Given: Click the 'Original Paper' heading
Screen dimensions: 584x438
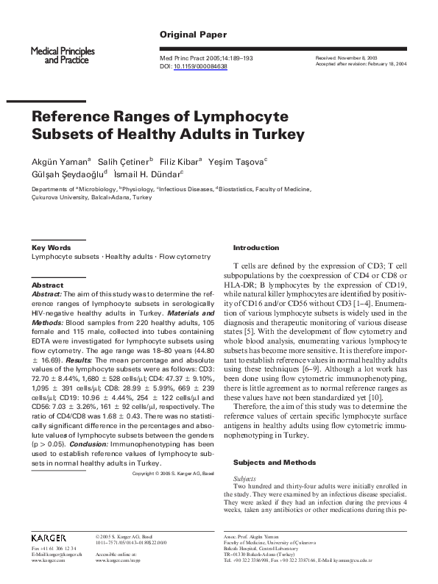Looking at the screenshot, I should (x=193, y=35).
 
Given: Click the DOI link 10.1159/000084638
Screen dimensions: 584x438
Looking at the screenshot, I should (x=200, y=66).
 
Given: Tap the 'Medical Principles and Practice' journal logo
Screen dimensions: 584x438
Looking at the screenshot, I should (x=60, y=54).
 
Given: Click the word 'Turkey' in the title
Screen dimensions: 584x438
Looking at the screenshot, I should (x=258, y=134).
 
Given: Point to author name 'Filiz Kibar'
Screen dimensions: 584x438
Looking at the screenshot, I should (x=180, y=160).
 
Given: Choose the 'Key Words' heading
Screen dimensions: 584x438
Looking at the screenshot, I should (x=52, y=248).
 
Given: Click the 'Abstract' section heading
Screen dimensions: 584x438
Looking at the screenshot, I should (x=47, y=285).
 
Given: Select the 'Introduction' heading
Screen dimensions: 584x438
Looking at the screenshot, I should (x=256, y=248).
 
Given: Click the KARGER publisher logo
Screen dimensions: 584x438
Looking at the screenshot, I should (x=49, y=538).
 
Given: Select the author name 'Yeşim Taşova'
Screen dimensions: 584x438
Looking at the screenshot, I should (x=236, y=160).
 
